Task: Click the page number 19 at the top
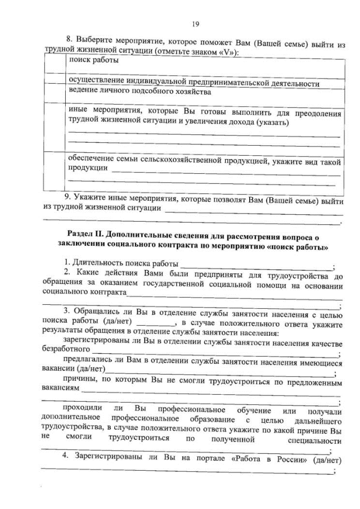[x=195, y=23]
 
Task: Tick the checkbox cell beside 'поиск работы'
[x=55, y=64]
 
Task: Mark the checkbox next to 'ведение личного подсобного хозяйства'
[x=55, y=92]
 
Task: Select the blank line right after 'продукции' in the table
[x=225, y=169]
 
